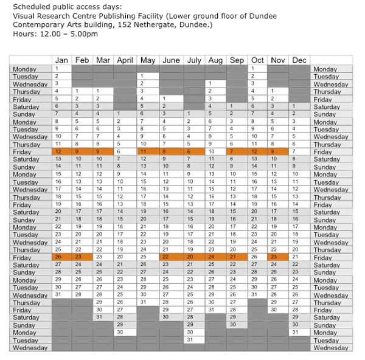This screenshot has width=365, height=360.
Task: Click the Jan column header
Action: click(61, 60)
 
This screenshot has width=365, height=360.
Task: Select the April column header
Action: click(124, 60)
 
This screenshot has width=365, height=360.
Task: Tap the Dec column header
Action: click(299, 60)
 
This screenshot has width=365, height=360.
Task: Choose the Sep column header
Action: click(237, 60)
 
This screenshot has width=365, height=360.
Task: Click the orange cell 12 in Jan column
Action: click(61, 151)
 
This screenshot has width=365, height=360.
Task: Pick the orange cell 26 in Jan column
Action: click(61, 257)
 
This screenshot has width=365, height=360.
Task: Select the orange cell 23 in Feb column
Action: click(82, 257)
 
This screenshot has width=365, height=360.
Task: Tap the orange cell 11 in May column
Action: click(147, 151)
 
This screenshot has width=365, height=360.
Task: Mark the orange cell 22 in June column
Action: click(170, 257)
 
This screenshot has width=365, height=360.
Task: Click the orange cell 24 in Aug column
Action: click(215, 257)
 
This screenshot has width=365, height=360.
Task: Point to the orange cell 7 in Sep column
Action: click(237, 151)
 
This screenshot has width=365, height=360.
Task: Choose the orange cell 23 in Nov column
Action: click(278, 257)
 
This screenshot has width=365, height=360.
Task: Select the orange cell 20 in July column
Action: click(193, 257)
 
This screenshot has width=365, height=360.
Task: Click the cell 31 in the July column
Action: click(193, 340)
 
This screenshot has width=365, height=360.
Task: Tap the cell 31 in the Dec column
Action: click(299, 332)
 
